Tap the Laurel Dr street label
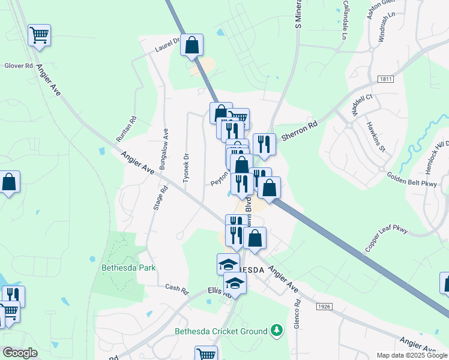coord(167,44)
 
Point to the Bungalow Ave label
coord(164,145)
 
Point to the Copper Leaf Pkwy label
coord(386,238)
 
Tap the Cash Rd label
coord(177,288)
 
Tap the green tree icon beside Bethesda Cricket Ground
coord(276,330)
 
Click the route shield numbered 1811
coord(387,79)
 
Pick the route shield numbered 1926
coord(325,307)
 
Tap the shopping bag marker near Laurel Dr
coord(191,45)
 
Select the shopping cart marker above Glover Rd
coord(39,35)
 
